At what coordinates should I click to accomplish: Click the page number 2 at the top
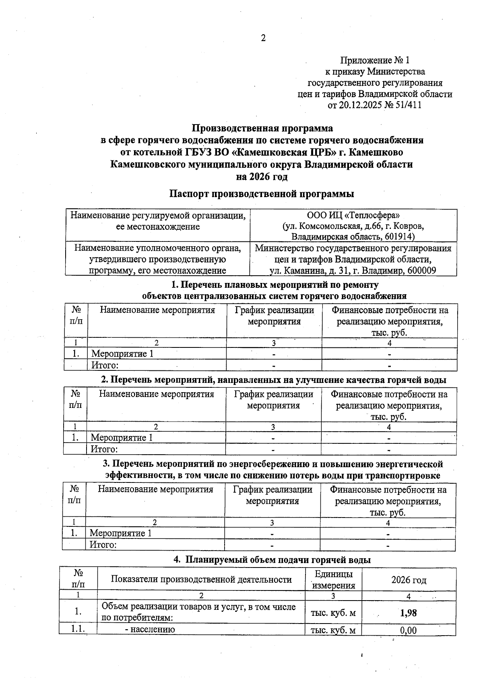tap(263, 38)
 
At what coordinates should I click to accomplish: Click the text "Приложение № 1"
tap(374, 60)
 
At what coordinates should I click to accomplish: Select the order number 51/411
tap(407, 106)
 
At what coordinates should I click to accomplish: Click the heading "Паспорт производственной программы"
tap(261, 194)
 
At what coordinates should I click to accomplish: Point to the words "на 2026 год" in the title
tap(262, 177)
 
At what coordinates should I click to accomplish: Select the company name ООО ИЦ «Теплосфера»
tap(353, 215)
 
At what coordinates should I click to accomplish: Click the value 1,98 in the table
tap(408, 613)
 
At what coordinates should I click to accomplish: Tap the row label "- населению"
tap(150, 630)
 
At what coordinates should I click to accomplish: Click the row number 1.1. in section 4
tap(78, 629)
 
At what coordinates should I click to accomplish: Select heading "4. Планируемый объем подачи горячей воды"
tap(272, 560)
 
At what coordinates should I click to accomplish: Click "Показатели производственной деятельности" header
tap(201, 580)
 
